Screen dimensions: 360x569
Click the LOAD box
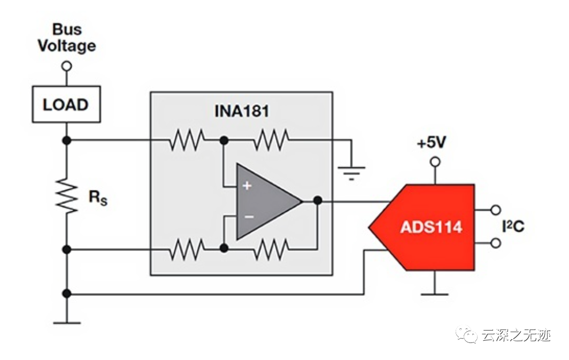[x=66, y=105]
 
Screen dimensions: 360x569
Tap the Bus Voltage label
[x=66, y=37]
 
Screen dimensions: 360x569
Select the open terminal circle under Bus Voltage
[x=66, y=66]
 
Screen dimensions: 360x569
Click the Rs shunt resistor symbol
[x=66, y=196]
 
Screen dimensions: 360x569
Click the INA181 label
[x=241, y=111]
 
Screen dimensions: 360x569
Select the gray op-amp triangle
[x=265, y=201]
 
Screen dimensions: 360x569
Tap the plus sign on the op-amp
[x=247, y=186]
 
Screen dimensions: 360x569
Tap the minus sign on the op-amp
[x=248, y=217]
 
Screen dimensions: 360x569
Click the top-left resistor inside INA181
[x=187, y=141]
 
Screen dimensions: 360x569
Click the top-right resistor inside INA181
[x=271, y=141]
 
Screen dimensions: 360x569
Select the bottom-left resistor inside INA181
[x=187, y=249]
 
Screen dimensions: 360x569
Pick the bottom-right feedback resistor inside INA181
[x=271, y=249]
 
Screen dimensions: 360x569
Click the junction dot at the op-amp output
[x=318, y=201]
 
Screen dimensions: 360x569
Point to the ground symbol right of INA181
[x=351, y=172]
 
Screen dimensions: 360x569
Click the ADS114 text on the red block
[x=431, y=227]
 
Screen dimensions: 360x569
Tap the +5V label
[x=432, y=143]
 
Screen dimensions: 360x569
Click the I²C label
[x=513, y=226]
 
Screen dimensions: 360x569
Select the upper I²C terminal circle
[x=496, y=210]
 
